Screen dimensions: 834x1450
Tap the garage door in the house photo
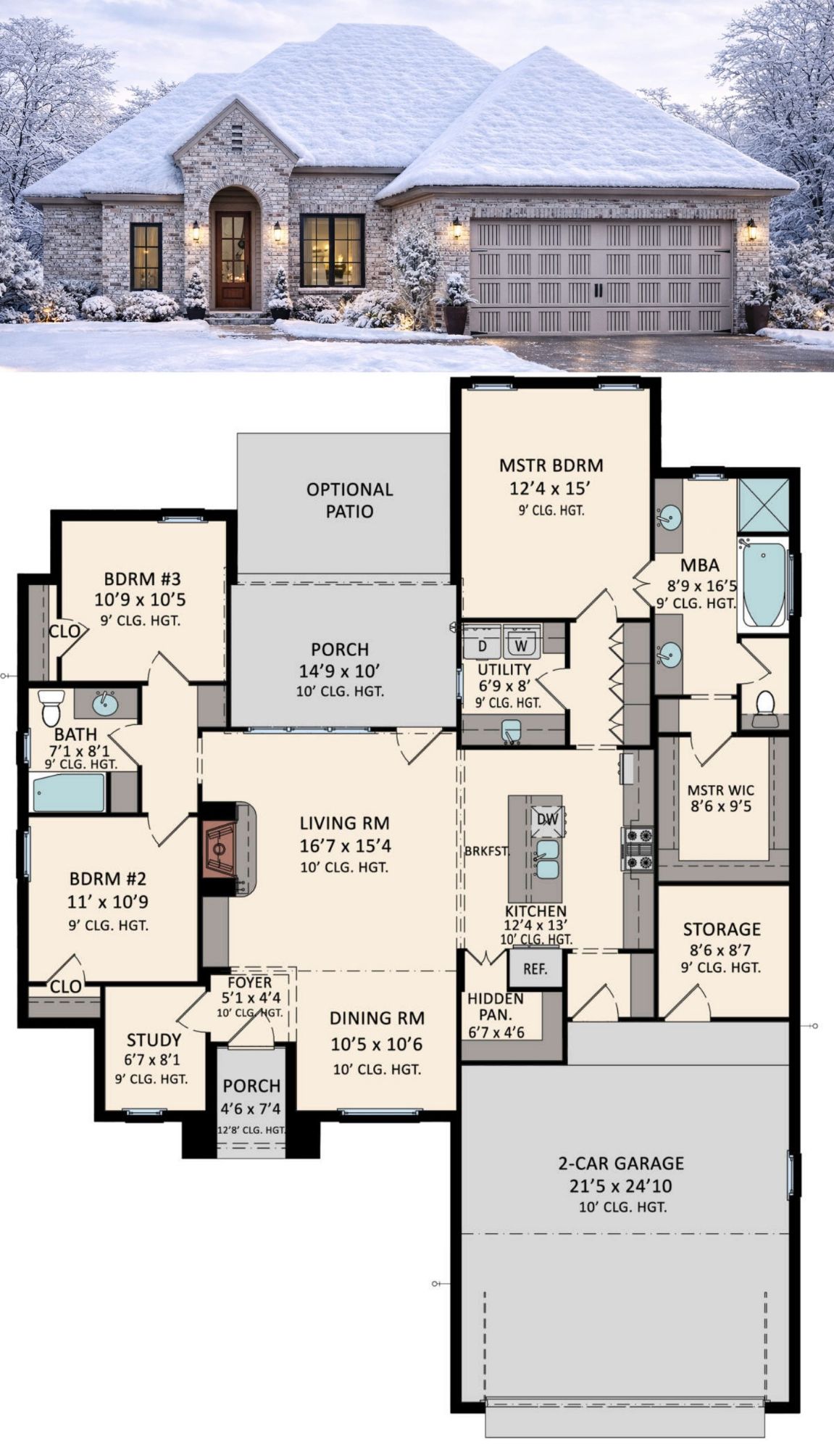pyautogui.click(x=601, y=277)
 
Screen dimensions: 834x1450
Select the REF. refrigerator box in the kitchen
pyautogui.click(x=535, y=968)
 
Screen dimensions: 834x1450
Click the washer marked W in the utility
pyautogui.click(x=520, y=643)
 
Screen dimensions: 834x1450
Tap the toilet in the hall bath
pyautogui.click(x=51, y=707)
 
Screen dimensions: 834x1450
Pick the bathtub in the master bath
pyautogui.click(x=764, y=584)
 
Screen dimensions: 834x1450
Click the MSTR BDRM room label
pyautogui.click(x=551, y=465)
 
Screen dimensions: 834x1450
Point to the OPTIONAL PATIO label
pyautogui.click(x=349, y=500)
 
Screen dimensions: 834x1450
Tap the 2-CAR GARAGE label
pyautogui.click(x=621, y=1163)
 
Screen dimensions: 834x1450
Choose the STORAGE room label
pyautogui.click(x=722, y=929)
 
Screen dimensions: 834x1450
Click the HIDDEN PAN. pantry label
pyautogui.click(x=496, y=1006)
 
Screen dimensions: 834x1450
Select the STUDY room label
pyautogui.click(x=154, y=1040)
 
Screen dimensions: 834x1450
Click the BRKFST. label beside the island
pyautogui.click(x=487, y=851)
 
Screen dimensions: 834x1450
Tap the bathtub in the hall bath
pyautogui.click(x=69, y=792)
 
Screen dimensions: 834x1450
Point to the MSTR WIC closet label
pyautogui.click(x=721, y=790)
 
